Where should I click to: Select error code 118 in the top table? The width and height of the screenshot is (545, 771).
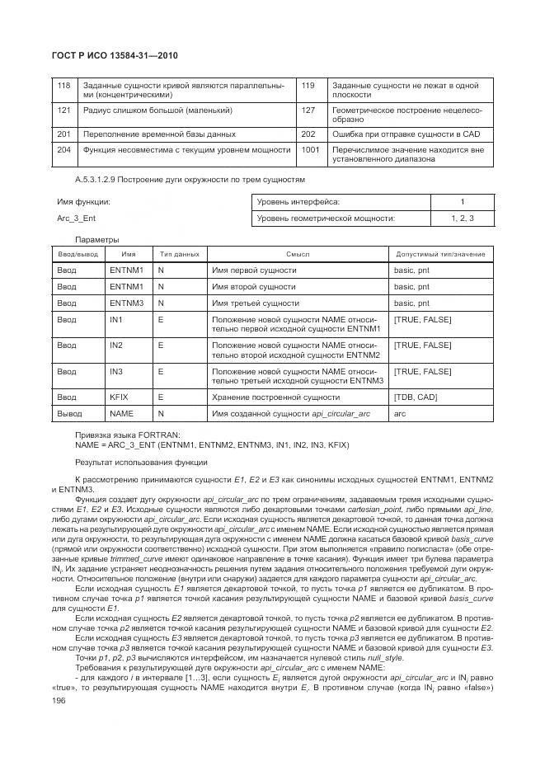coord(63,85)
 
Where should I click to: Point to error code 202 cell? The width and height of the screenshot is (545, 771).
coord(308,134)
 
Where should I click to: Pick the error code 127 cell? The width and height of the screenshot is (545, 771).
coord(308,110)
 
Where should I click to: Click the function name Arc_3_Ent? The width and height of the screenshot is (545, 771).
coord(76,219)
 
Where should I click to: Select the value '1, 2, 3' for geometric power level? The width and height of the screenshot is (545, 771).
coord(461,219)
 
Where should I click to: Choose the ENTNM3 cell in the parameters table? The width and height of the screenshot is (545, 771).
coord(127,303)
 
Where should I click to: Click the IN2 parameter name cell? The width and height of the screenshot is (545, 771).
coord(116,345)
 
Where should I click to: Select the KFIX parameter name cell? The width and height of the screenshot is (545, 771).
coord(120,397)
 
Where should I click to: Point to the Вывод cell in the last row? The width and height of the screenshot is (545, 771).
coord(69,413)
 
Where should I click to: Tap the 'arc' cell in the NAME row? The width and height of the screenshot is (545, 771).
coord(401,413)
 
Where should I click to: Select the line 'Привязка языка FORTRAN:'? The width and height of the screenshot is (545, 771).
coord(122,435)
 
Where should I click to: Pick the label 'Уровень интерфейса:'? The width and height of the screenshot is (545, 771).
coord(298,202)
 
